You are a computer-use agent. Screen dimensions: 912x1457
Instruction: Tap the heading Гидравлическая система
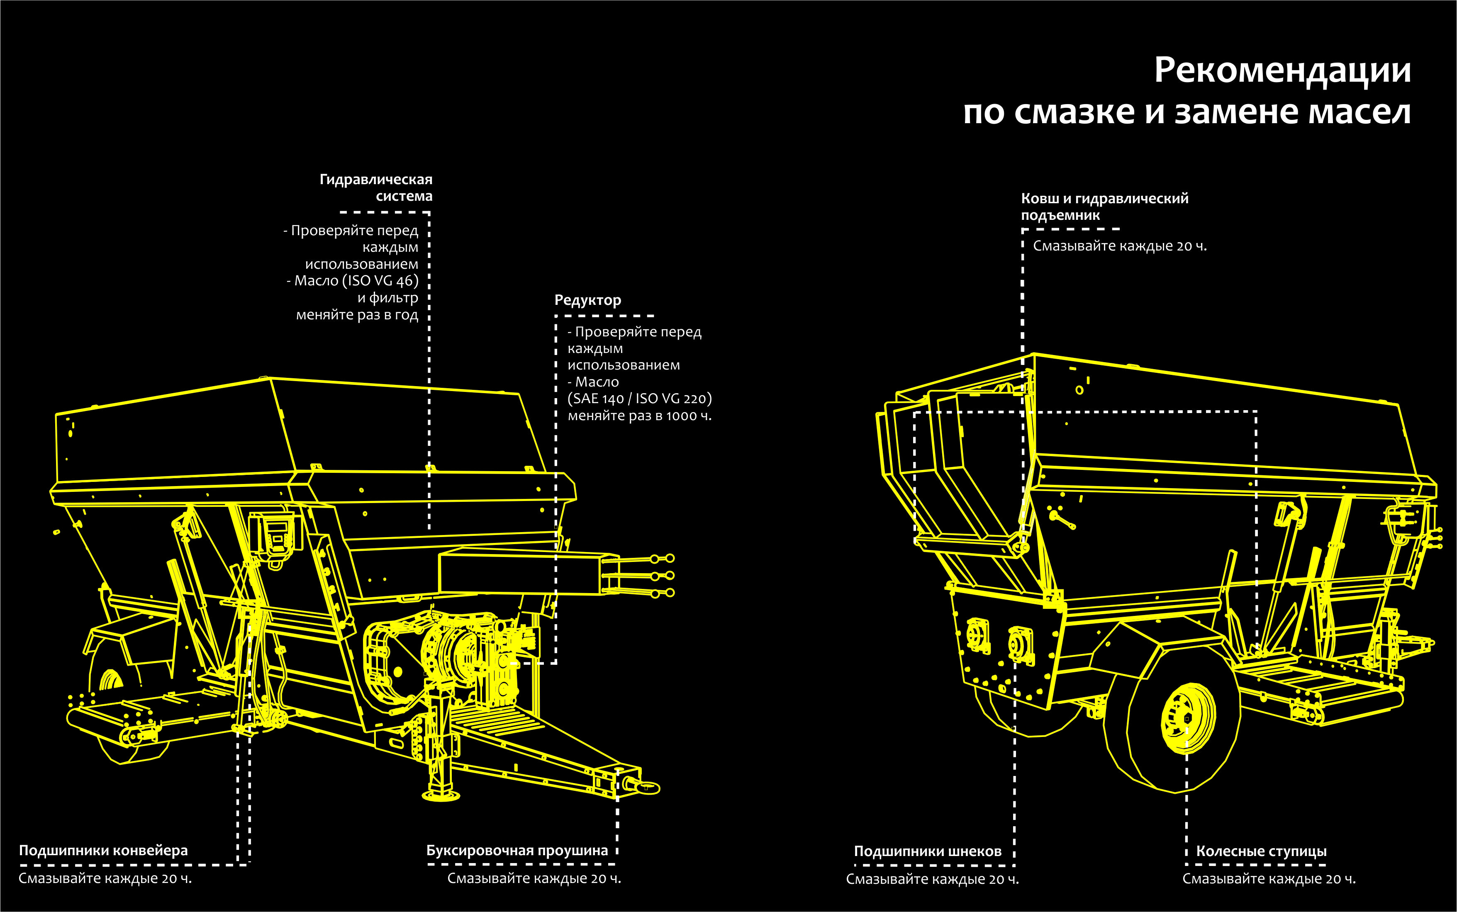click(x=376, y=187)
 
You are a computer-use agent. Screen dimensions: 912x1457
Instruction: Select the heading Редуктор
click(x=587, y=300)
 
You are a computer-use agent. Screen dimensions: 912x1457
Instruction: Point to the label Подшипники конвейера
click(x=103, y=851)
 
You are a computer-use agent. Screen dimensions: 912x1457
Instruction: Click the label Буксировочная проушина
click(x=517, y=851)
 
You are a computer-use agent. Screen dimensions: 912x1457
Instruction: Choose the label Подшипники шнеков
click(x=927, y=851)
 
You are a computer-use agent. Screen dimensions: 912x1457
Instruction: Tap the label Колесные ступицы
click(x=1261, y=851)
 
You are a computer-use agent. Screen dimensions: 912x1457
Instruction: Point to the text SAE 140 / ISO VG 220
click(x=639, y=399)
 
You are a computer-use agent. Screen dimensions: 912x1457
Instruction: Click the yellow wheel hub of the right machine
click(x=1186, y=718)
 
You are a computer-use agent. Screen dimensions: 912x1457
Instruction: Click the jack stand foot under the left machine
click(x=441, y=795)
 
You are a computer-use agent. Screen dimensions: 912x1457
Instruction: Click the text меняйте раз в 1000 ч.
click(x=639, y=416)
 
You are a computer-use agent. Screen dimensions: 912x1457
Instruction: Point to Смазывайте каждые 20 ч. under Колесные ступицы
click(x=1269, y=879)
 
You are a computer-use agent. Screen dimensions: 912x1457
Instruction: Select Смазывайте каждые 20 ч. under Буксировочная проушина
click(x=534, y=878)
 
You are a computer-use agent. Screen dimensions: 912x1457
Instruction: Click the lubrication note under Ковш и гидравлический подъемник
click(x=1120, y=246)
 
